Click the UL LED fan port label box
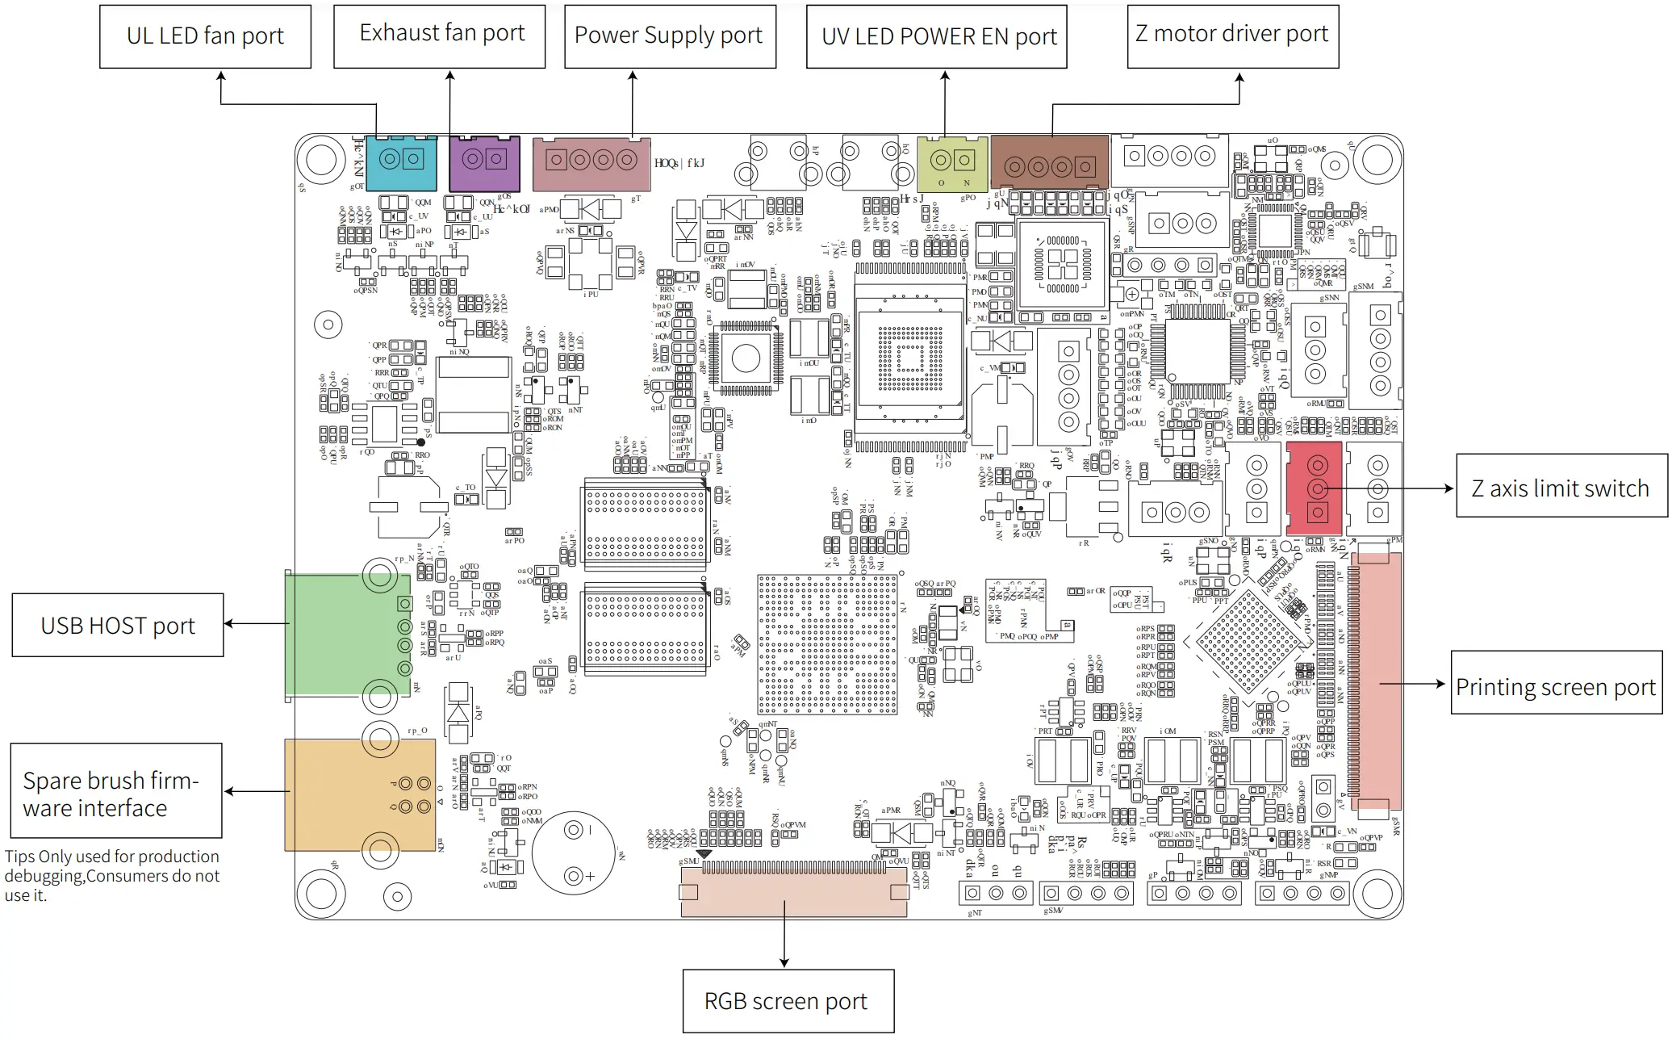coord(205,36)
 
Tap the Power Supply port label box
coord(669,36)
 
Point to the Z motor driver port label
coord(1231,35)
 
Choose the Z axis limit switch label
coord(1561,488)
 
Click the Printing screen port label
coord(1556,687)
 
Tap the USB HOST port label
coord(118,626)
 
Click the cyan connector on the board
coord(401,163)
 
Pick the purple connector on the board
coord(484,164)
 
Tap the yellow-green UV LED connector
coord(952,164)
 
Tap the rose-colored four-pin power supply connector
coord(591,164)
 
